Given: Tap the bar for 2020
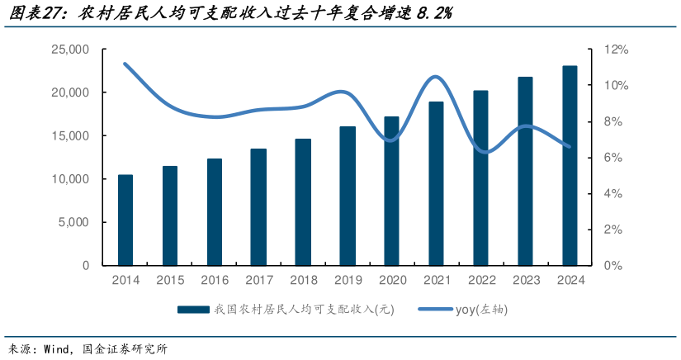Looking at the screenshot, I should pyautogui.click(x=392, y=191).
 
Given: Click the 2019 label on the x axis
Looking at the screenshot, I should pyautogui.click(x=348, y=280).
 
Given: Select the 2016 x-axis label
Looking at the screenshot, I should pyautogui.click(x=214, y=280).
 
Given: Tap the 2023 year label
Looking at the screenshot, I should pyautogui.click(x=525, y=280).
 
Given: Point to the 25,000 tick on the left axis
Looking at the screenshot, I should pyautogui.click(x=70, y=50).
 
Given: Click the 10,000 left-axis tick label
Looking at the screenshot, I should pyautogui.click(x=70, y=179).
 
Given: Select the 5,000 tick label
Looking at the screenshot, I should pyautogui.click(x=73, y=222).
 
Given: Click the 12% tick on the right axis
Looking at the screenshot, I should pyautogui.click(x=616, y=50).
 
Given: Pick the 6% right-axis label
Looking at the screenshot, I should pyautogui.click(x=614, y=158).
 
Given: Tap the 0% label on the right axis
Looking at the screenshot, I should pyautogui.click(x=614, y=266).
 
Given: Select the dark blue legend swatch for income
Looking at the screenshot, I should pyautogui.click(x=192, y=310).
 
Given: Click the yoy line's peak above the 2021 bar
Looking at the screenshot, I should pyautogui.click(x=437, y=77).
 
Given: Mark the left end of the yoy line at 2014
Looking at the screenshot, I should pyautogui.click(x=125, y=64).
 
